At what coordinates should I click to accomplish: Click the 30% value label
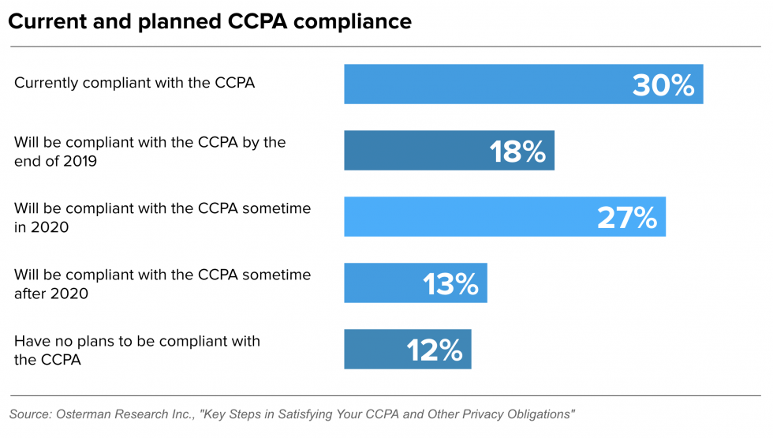663,85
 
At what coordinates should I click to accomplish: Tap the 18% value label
517,152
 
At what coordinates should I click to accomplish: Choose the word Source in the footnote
29,414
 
